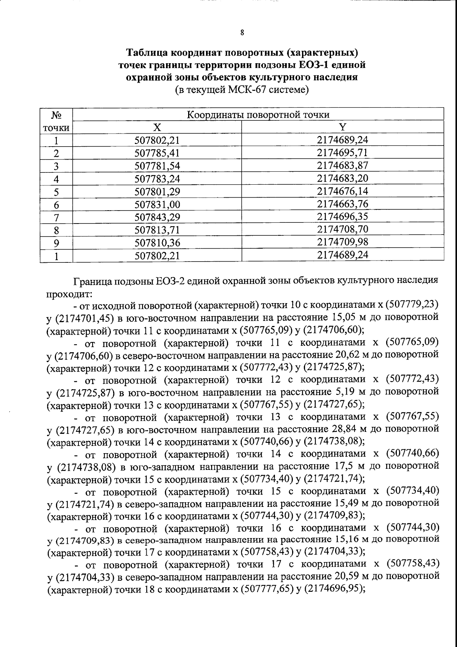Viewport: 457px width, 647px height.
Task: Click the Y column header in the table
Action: [x=343, y=127]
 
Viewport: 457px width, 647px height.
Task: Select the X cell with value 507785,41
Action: [x=157, y=153]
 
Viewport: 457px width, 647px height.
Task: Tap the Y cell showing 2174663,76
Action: [x=343, y=204]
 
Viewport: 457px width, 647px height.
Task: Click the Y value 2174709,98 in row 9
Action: [x=343, y=242]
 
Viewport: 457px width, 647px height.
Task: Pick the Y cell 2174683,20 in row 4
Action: [x=343, y=178]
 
